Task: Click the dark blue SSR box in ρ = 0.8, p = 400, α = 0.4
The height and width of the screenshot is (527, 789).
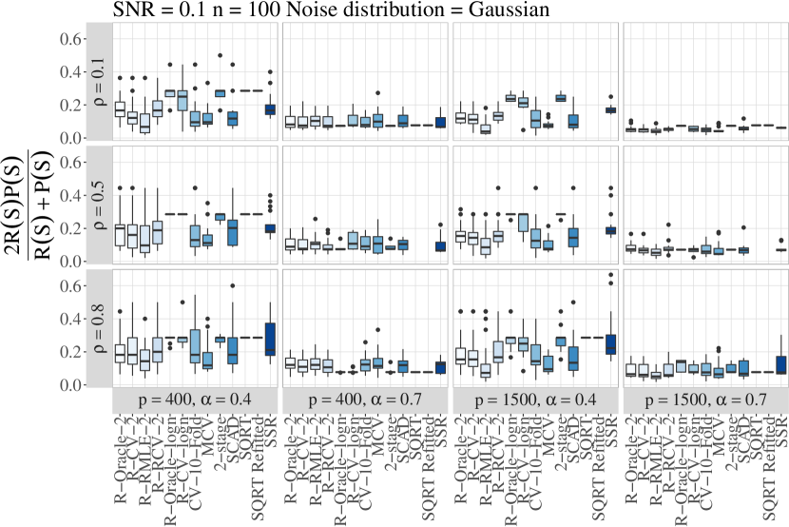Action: pyautogui.click(x=270, y=339)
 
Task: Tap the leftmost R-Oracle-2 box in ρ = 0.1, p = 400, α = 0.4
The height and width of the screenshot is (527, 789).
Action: pyautogui.click(x=120, y=108)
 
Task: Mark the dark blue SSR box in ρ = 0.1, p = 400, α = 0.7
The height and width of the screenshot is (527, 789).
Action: pyautogui.click(x=440, y=123)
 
